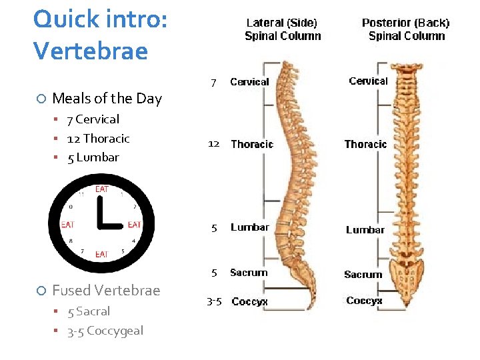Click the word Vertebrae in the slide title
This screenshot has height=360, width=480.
91,51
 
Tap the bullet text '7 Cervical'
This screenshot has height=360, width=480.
93,119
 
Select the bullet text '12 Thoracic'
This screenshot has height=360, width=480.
98,139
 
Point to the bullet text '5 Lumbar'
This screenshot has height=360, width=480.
93,157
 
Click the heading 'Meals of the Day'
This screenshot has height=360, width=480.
107,99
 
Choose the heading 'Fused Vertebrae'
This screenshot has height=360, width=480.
106,291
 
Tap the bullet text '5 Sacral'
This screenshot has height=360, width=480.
89,311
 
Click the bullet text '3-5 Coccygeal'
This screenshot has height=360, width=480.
105,331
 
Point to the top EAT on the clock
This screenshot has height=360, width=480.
102,189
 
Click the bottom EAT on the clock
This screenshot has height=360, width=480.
102,254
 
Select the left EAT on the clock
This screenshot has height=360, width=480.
67,225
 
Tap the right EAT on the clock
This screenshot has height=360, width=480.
134,225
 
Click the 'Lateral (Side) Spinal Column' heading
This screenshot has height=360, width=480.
283,29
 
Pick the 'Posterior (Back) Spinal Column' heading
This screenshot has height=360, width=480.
406,29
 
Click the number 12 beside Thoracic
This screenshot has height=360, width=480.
214,144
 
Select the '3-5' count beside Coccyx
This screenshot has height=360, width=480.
214,302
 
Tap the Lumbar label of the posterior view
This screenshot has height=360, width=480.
365,230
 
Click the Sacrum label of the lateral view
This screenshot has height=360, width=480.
249,273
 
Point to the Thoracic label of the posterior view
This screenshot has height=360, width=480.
365,144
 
